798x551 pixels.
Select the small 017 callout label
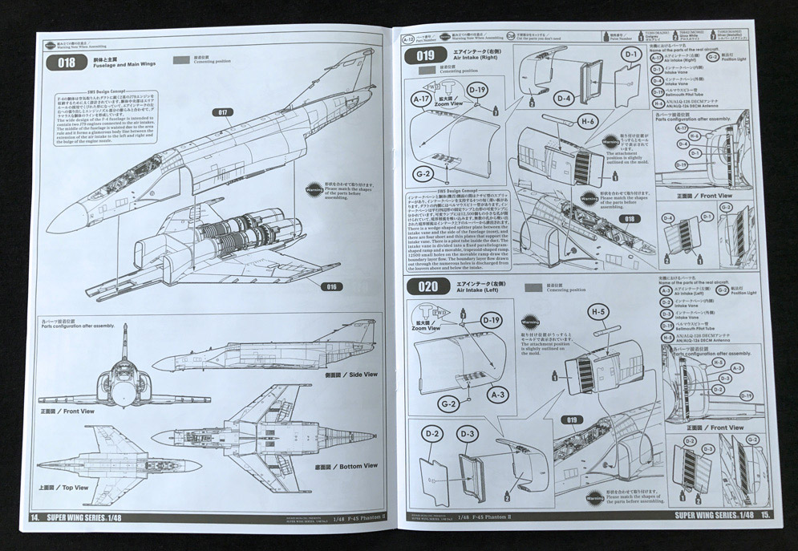pos(222,112)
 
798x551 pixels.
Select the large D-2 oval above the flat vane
pos(434,434)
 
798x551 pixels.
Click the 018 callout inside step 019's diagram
pos(630,218)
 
